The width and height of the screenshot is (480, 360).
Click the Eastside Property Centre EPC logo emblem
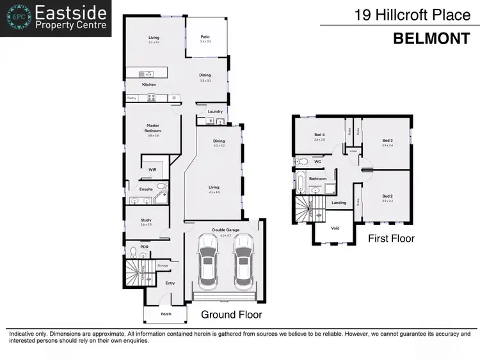click(x=17, y=19)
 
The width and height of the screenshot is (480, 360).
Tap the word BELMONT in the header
click(x=431, y=38)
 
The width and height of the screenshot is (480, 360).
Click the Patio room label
click(x=205, y=38)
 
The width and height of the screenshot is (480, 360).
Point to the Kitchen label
click(x=149, y=84)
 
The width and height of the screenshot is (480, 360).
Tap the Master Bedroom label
click(x=152, y=128)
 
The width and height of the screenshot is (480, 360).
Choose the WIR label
click(x=152, y=169)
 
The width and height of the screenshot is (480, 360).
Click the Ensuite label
click(x=146, y=189)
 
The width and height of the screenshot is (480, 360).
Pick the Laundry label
click(x=215, y=112)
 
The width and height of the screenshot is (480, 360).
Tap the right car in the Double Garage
click(x=244, y=262)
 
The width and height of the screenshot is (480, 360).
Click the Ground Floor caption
click(x=232, y=315)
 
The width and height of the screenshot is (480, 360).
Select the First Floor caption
click(x=391, y=239)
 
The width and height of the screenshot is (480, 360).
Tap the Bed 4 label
click(x=320, y=135)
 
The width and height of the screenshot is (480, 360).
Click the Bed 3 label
click(x=387, y=141)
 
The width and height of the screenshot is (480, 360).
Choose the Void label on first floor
click(x=335, y=228)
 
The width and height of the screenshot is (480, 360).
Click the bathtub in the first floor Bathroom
click(x=300, y=183)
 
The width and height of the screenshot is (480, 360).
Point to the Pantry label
click(x=132, y=98)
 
